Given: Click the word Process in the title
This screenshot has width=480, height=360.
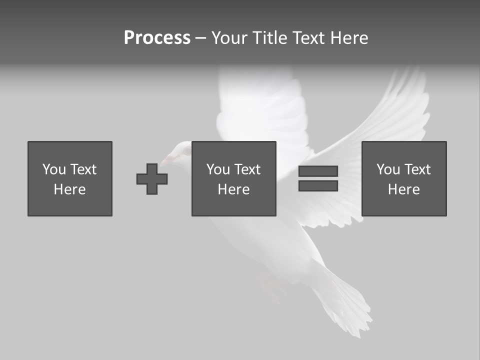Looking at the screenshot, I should tap(157, 38).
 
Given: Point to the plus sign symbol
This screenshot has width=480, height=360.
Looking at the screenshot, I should tap(152, 179).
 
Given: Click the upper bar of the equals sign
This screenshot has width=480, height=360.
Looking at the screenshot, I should tap(318, 171).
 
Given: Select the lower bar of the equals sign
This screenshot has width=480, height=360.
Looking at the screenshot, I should tap(318, 186).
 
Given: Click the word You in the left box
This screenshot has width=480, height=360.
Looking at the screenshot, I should tap(54, 169).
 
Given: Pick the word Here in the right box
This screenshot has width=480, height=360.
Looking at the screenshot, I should tap(404, 189).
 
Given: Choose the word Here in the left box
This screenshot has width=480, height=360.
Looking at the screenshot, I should tap(70, 189).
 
